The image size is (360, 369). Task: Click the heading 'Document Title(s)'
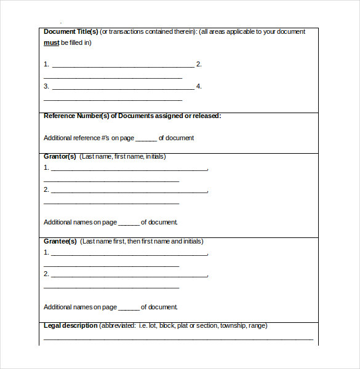click(x=71, y=31)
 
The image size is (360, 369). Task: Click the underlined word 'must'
click(x=51, y=42)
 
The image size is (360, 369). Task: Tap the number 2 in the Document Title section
click(x=198, y=64)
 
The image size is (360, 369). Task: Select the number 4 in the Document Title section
click(x=198, y=86)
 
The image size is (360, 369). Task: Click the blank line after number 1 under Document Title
click(x=123, y=65)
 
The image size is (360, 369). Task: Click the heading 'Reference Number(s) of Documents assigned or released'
click(x=132, y=116)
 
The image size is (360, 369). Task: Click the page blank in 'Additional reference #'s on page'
click(x=146, y=139)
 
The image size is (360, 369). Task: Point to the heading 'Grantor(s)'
click(x=60, y=156)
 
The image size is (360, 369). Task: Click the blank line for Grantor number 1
click(x=130, y=169)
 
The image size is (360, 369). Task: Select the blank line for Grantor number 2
click(x=130, y=191)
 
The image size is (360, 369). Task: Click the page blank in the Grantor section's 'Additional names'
click(x=129, y=223)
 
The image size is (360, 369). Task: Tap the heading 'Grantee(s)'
click(x=60, y=241)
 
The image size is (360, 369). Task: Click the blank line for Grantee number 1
click(x=130, y=253)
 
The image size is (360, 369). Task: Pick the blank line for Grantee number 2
click(x=130, y=276)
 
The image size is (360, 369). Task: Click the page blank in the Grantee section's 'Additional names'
click(x=129, y=308)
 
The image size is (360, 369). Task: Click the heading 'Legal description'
click(x=70, y=325)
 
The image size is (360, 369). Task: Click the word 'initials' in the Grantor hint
click(x=155, y=157)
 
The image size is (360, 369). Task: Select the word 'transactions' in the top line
click(x=128, y=31)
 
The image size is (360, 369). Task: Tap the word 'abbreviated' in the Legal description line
click(x=117, y=326)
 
